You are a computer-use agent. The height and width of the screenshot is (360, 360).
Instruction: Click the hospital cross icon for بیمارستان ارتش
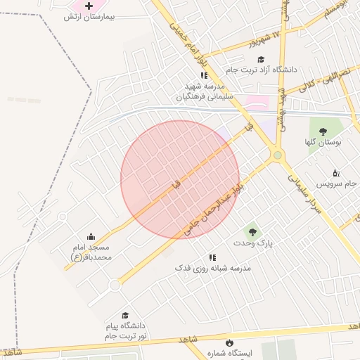point(88,6)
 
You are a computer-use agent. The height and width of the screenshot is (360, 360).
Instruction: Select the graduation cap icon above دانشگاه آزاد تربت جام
point(261,60)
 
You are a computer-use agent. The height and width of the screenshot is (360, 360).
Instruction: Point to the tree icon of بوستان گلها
point(323,131)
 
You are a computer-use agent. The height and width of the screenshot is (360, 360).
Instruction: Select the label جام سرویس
point(331,184)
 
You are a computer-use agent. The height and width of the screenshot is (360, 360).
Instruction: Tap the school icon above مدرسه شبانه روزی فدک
point(212,257)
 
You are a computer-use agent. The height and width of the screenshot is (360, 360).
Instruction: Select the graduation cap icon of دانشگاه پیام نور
point(125,316)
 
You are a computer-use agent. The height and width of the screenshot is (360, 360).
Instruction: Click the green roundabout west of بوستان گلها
point(278,155)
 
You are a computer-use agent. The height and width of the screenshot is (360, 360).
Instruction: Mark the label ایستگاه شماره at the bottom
point(226,352)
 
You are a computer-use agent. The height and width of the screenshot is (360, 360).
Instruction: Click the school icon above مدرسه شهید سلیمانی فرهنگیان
point(204,75)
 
